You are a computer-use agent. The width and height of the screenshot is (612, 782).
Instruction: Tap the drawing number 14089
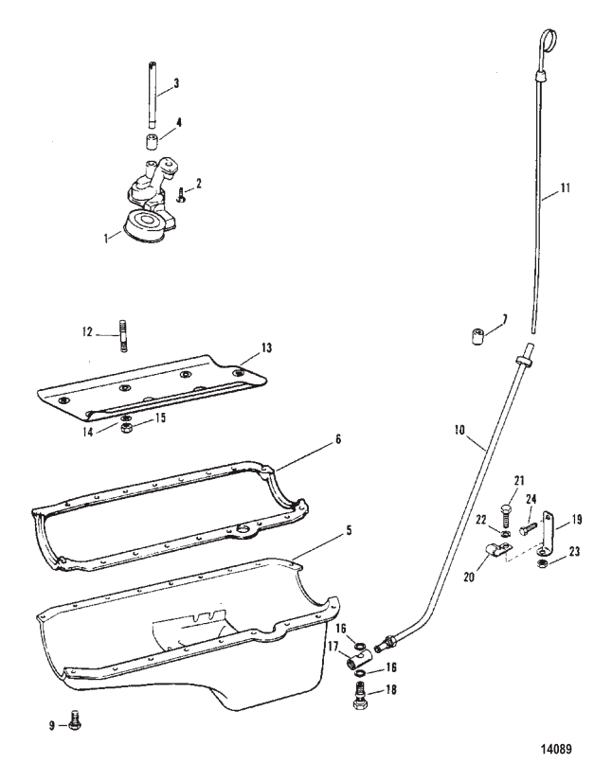[557, 749]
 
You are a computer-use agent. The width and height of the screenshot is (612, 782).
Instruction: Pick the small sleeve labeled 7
[478, 336]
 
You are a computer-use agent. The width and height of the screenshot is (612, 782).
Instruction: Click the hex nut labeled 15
[126, 429]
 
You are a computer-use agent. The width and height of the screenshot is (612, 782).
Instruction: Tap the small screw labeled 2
[180, 194]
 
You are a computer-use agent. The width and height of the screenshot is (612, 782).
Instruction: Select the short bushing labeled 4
[153, 141]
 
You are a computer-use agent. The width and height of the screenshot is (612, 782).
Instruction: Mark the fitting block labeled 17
[358, 661]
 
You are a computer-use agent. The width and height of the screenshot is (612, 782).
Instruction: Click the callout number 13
[266, 347]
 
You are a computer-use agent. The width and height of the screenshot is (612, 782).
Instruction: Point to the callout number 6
[338, 439]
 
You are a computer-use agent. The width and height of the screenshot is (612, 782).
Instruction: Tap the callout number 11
[565, 188]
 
